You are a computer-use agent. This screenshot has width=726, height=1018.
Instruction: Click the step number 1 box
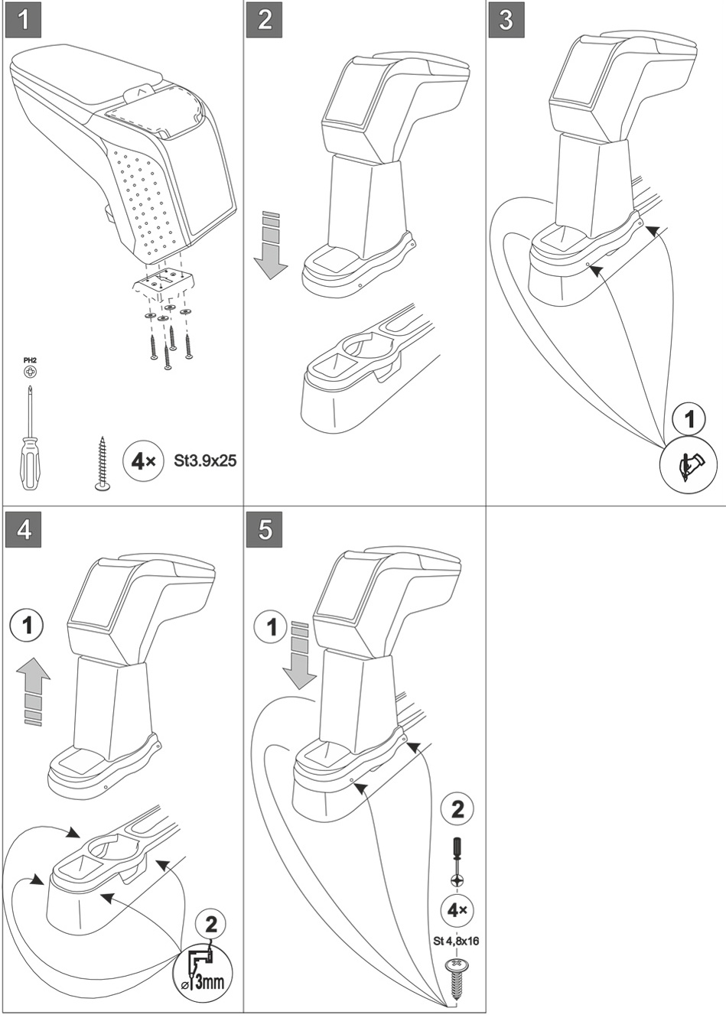(25, 21)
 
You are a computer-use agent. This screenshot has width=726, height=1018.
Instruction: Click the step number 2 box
(265, 21)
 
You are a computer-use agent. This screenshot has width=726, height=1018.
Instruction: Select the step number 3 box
(506, 21)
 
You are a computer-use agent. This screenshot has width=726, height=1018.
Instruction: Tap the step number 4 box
(25, 529)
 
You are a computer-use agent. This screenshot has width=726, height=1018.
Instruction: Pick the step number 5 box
(265, 529)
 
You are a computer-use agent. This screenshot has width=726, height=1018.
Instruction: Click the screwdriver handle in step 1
(26, 462)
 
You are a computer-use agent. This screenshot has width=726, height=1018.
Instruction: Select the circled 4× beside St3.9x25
(142, 461)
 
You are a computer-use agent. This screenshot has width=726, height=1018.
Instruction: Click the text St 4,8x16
(456, 941)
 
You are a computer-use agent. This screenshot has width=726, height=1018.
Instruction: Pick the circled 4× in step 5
(457, 910)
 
